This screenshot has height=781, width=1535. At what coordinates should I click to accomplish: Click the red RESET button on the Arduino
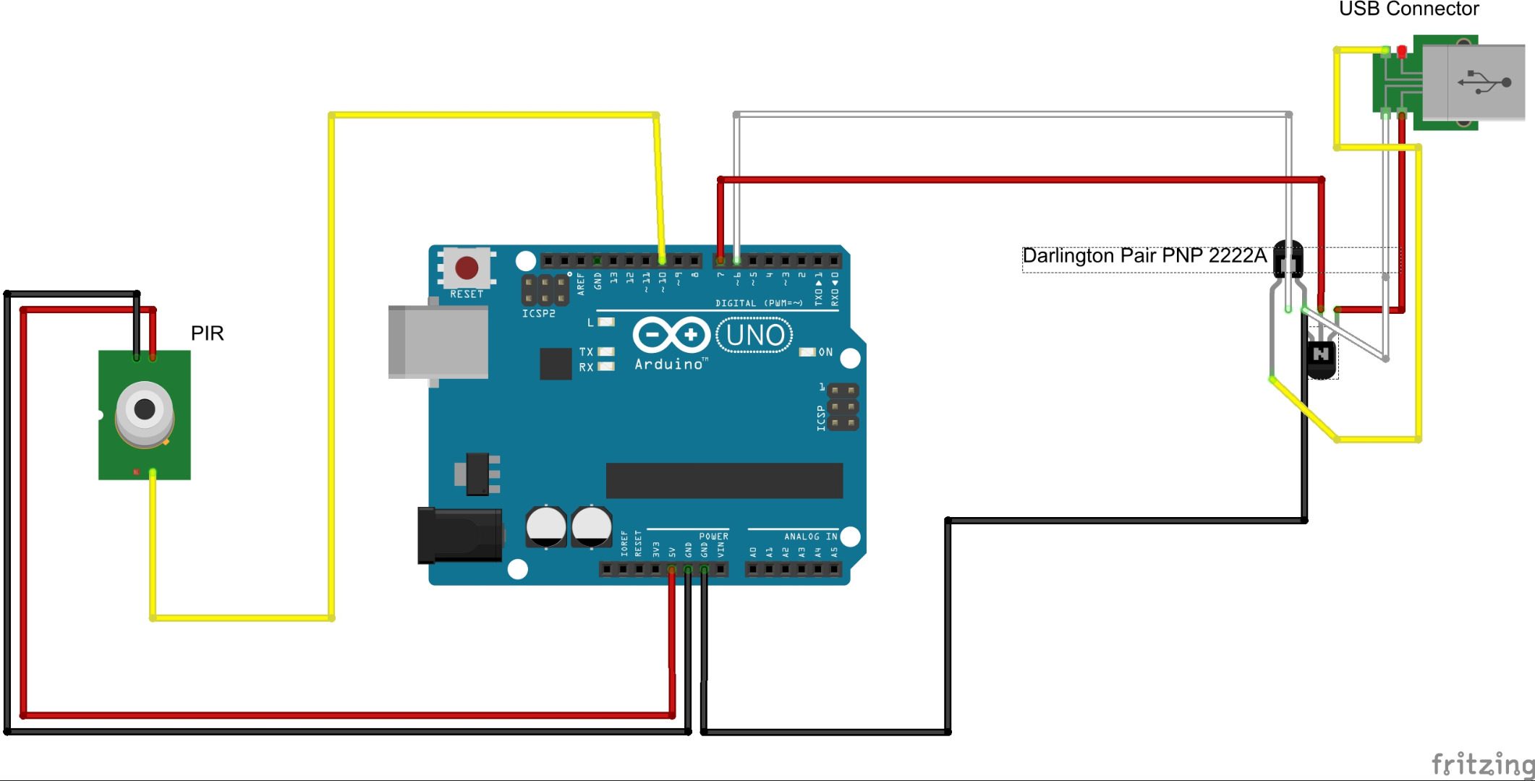tap(467, 268)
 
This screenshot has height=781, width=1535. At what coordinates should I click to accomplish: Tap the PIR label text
tap(207, 333)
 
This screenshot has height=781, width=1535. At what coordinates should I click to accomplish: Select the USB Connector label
tap(1408, 9)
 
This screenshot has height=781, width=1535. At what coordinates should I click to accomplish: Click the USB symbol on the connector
tap(1484, 82)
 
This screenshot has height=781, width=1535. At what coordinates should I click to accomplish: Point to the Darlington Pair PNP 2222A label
tap(1144, 256)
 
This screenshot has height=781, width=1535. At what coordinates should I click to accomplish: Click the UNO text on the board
tap(754, 336)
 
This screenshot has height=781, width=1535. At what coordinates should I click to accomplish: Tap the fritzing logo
tap(1482, 763)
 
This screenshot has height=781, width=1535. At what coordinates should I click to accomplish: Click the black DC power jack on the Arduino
tap(460, 535)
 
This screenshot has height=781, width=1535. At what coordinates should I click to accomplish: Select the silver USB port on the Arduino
tap(438, 342)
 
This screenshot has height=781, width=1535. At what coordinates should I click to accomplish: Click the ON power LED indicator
tap(807, 352)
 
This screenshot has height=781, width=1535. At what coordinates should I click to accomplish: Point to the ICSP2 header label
tap(539, 314)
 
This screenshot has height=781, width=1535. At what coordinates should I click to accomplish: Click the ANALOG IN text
tap(810, 537)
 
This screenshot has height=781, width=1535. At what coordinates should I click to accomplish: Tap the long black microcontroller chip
tap(724, 481)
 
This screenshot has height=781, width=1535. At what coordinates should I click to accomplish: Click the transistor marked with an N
tap(1321, 355)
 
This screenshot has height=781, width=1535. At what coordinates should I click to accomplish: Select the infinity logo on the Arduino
tap(671, 335)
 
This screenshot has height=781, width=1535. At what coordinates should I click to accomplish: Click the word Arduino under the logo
tap(669, 364)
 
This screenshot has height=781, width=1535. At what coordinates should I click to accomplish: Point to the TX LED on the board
tap(606, 352)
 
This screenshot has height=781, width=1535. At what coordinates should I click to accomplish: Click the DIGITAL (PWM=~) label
tap(758, 304)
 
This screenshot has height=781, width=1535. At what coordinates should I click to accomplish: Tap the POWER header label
tap(713, 537)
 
